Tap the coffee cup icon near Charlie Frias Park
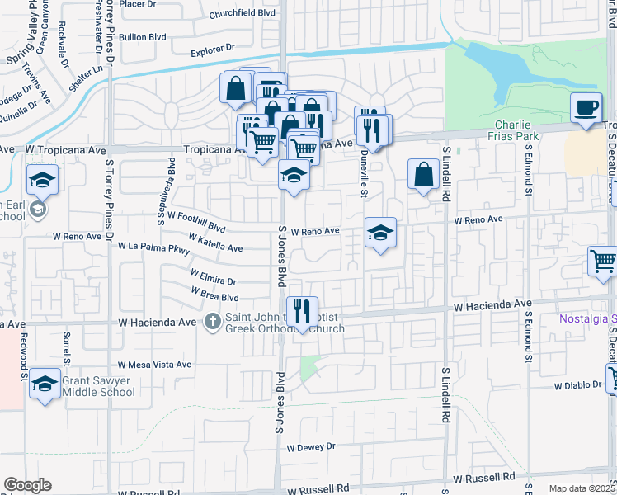click(586, 109)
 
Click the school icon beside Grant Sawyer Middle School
click(45, 384)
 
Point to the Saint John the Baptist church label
click(284, 323)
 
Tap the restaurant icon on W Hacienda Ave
click(301, 311)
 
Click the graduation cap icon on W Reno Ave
click(379, 233)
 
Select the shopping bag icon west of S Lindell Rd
click(423, 175)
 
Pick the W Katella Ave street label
click(216, 242)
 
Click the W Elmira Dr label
click(213, 277)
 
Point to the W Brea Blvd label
click(214, 294)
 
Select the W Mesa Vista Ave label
click(154, 364)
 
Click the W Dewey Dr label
click(311, 446)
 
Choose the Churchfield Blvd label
click(241, 14)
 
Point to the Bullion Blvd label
click(149, 37)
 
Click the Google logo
click(28, 485)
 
